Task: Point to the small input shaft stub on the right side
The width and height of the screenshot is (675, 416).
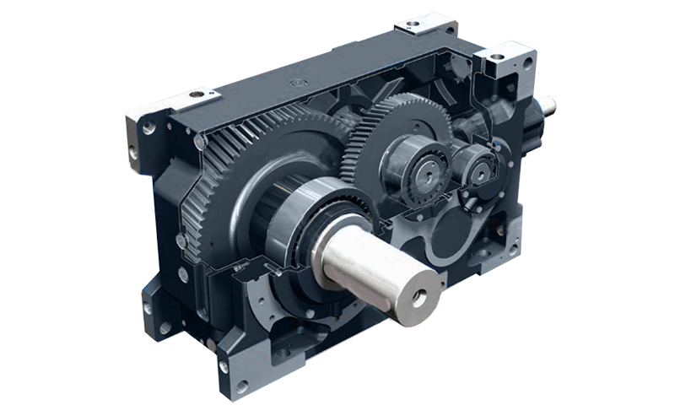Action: [x=546, y=106]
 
